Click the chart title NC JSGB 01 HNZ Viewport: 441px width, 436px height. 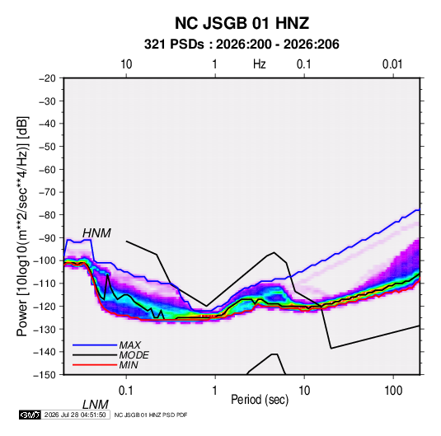242,23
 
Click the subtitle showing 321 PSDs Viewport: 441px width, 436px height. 242,45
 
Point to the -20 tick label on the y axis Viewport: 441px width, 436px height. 47,78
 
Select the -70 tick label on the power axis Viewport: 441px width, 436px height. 47,192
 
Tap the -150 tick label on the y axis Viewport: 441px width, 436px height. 45,375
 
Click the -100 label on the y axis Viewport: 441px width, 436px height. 45,260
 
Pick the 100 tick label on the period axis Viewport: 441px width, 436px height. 393,391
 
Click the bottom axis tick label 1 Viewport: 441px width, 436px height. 214,391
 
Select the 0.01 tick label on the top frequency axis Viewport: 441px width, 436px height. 392,64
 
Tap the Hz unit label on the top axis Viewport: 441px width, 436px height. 260,64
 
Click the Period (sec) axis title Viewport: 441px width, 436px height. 260,400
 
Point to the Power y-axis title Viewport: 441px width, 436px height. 22,226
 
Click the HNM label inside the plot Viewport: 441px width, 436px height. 96,233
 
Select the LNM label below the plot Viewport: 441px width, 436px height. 96,405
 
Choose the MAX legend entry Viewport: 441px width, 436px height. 129,345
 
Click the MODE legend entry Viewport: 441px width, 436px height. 134,355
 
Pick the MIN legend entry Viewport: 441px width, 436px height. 129,365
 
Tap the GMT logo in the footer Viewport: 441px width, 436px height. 30,415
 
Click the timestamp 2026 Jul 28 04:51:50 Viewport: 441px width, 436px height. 75,415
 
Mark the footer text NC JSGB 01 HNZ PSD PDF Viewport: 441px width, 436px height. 151,415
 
